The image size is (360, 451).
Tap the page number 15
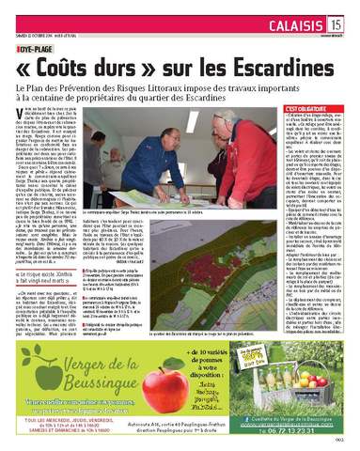tap(337, 22)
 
